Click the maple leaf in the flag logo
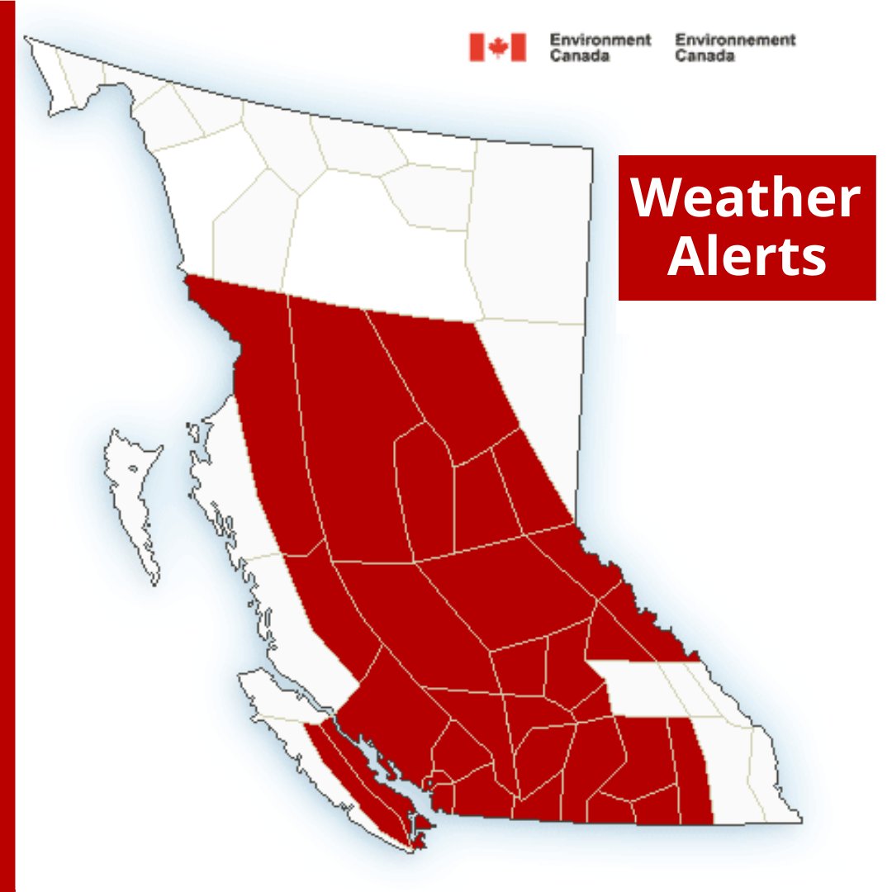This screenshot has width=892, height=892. point(497,47)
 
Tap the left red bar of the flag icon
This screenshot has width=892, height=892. point(477,47)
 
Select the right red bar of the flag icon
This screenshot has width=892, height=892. point(518,47)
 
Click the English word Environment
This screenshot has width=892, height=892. point(600,40)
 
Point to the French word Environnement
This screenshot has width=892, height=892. point(735,40)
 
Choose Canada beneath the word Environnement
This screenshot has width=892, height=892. point(704,56)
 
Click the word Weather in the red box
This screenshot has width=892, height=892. point(746,198)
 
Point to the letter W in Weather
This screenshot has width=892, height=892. point(658,198)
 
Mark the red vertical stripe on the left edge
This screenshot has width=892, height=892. point(7,446)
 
